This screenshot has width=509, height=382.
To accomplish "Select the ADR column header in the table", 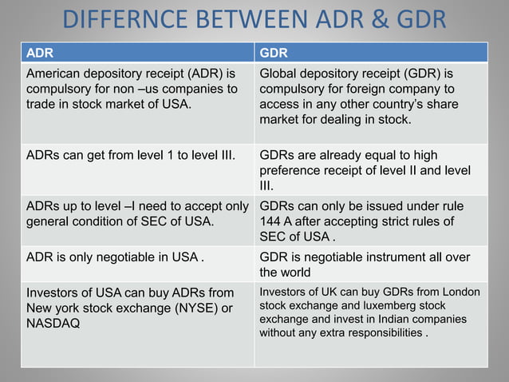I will [x=40, y=54].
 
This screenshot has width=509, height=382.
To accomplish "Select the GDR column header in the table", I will [x=274, y=54].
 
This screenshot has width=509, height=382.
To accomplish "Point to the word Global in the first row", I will [x=279, y=74].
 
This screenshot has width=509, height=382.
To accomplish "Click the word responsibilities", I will [x=381, y=333].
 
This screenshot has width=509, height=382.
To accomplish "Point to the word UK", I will [x=321, y=292].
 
